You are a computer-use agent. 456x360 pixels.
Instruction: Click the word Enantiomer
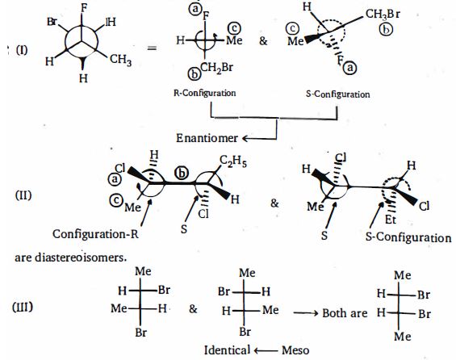coord(207,138)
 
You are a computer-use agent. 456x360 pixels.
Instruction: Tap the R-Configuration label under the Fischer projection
coord(205,93)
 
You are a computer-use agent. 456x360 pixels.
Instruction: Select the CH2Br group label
coord(216,68)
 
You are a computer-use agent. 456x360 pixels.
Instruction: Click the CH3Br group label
coord(383,14)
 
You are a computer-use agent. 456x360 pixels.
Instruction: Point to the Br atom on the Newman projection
coord(52,22)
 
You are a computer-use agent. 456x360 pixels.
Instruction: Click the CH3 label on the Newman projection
coord(121,60)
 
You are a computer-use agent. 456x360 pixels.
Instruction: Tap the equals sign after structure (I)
coord(152,48)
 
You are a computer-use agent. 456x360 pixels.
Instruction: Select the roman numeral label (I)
coord(22,50)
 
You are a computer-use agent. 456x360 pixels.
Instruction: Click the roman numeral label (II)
coord(23,195)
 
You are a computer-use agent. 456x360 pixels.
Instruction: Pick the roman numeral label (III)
coord(23,307)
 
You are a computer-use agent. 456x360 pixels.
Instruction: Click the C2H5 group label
coord(233,161)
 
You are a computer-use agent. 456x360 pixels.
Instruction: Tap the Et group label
coord(391,220)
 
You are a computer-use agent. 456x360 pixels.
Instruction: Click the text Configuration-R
coord(95,234)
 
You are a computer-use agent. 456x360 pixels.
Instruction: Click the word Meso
coord(295,350)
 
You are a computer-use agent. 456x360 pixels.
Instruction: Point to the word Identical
coord(227,350)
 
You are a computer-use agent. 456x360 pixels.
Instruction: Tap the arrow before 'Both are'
coord(306,313)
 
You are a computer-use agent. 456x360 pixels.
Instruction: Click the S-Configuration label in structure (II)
coord(408,237)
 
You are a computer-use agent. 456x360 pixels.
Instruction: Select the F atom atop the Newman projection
coord(84,8)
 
